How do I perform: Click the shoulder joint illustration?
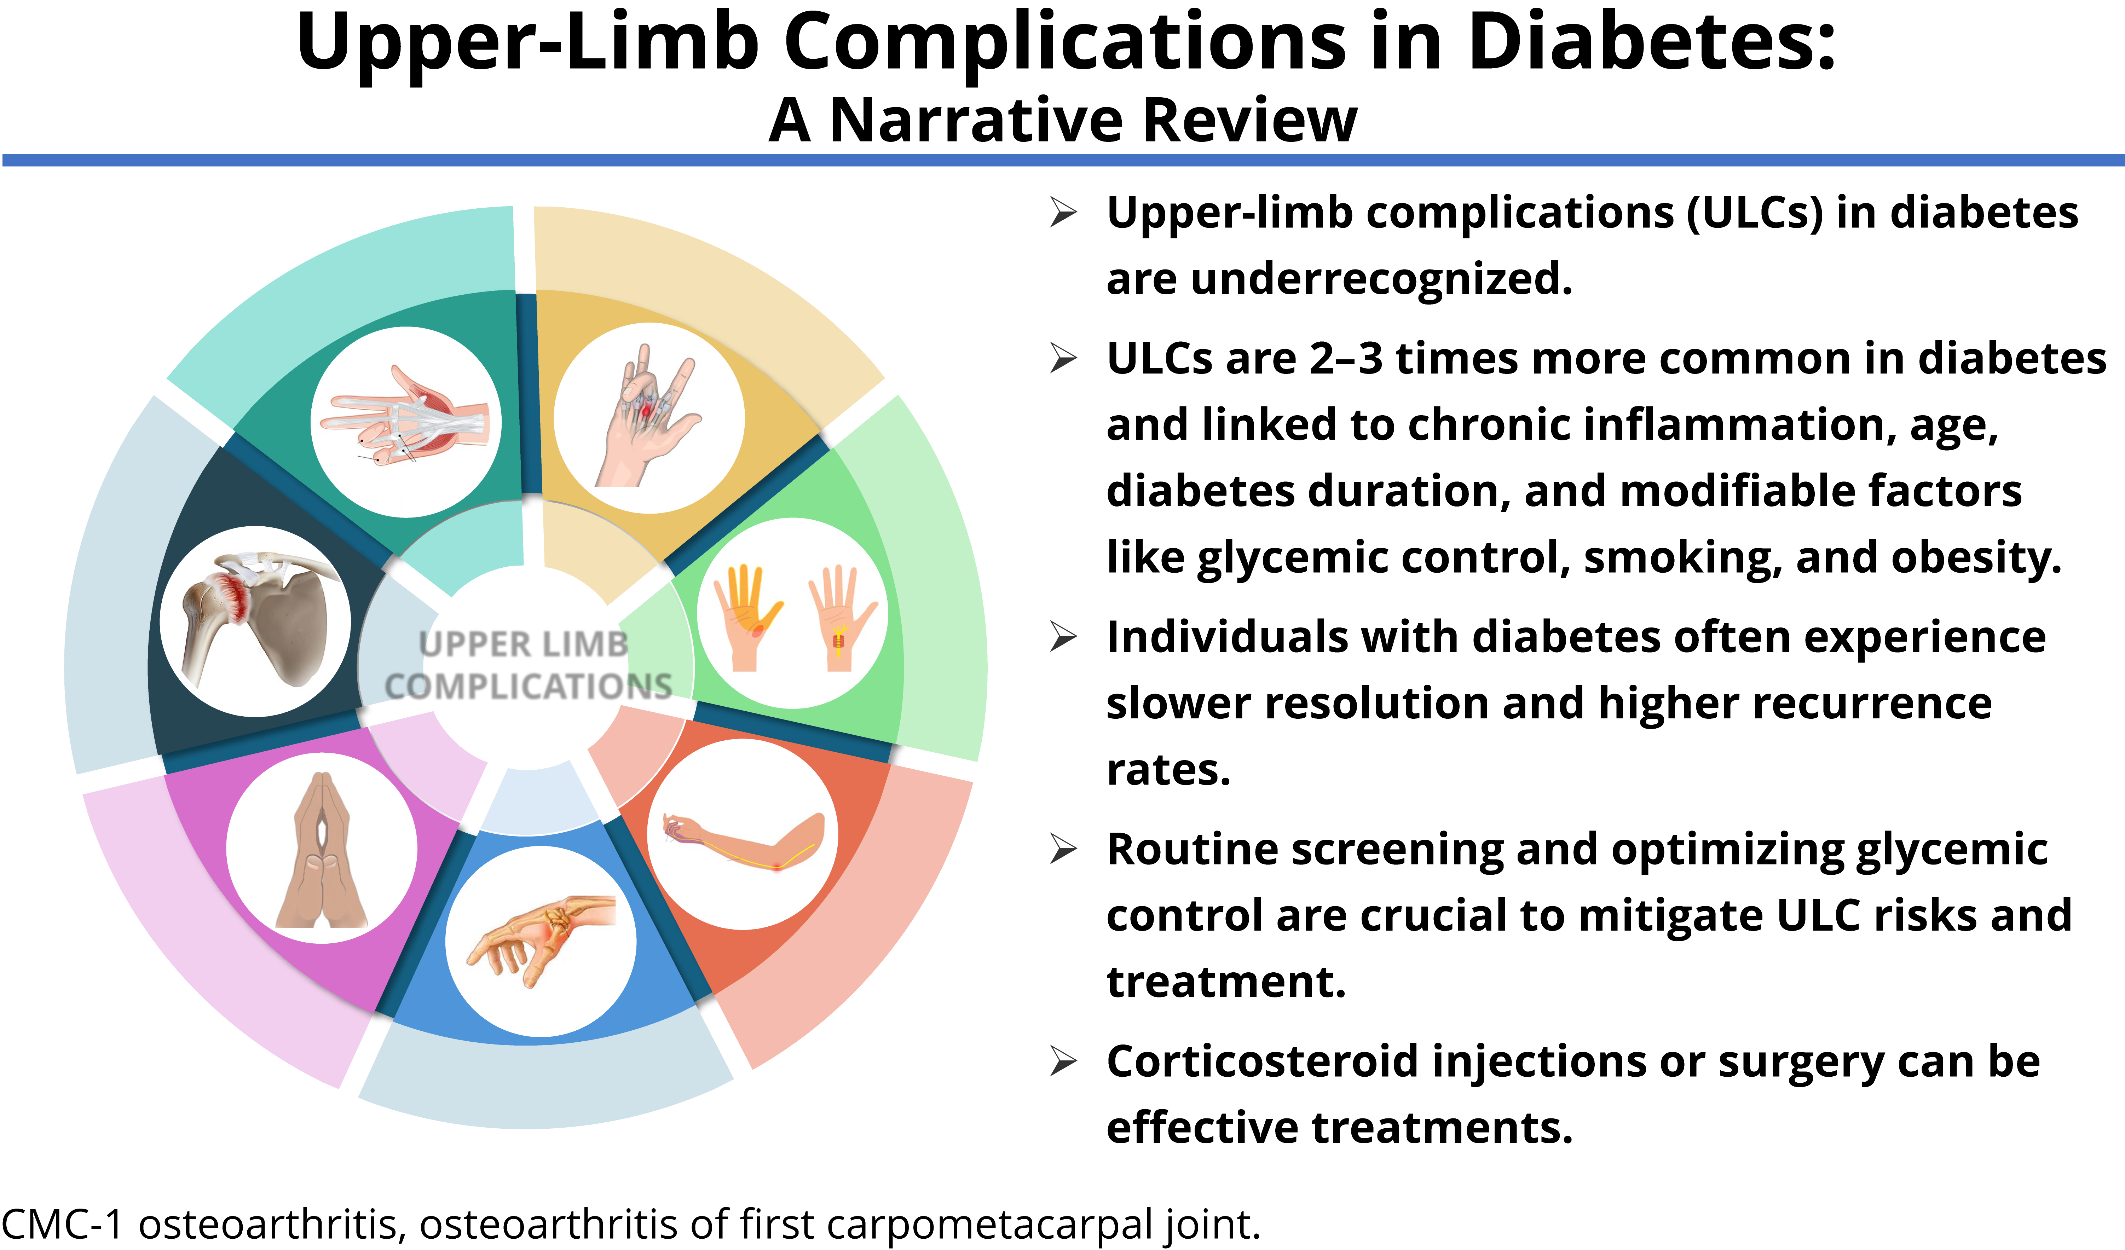pos(255,621)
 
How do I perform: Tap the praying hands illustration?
pos(322,850)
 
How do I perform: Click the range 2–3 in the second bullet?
pos(1346,358)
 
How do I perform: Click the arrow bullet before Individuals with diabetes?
pos(1064,637)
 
